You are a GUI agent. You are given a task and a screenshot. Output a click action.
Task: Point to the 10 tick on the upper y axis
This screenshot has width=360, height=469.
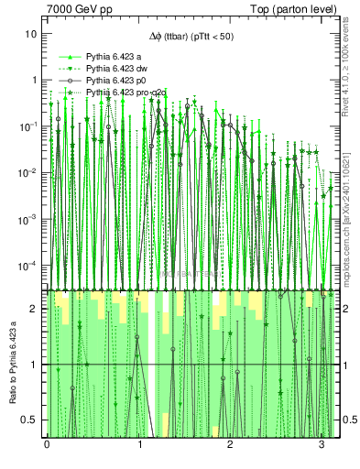pos(31,33)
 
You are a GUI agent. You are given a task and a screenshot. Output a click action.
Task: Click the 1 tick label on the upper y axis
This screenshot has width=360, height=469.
pos(34,80)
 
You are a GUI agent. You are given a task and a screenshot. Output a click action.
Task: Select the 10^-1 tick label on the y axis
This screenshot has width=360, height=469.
pos(27,126)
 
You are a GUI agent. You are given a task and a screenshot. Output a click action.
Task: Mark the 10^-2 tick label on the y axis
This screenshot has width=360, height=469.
pos(27,173)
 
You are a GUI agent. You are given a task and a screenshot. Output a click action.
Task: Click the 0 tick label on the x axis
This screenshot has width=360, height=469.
pos(47,446)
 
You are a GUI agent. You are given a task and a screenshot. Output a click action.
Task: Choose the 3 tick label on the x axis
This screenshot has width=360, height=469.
pos(322,446)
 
